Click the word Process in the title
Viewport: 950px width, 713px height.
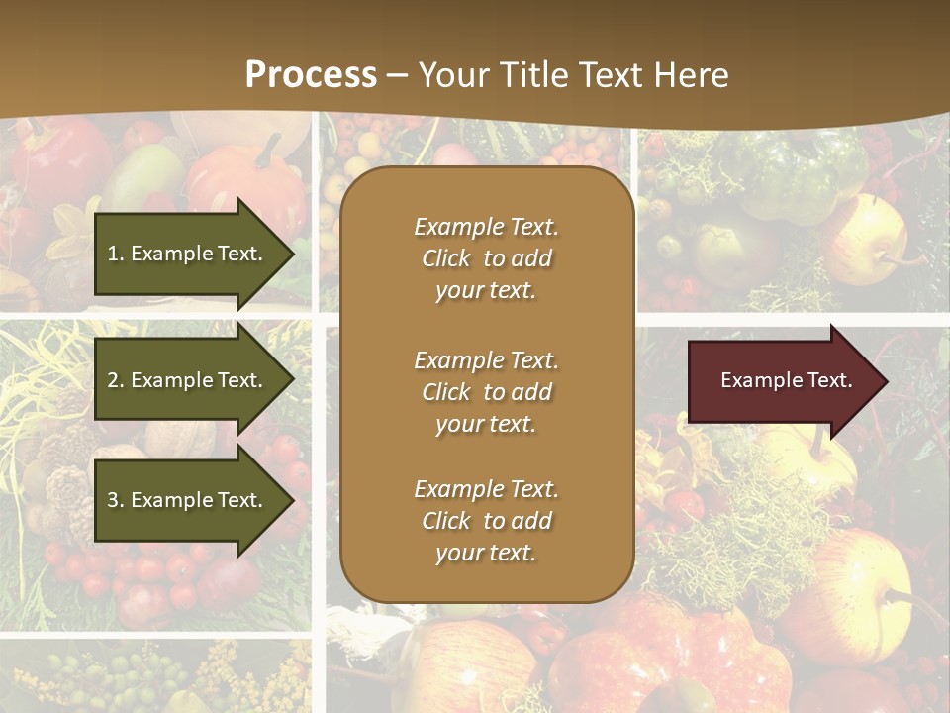pos(311,75)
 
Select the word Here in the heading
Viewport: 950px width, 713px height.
pos(690,75)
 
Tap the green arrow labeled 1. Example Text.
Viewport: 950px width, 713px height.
pos(188,254)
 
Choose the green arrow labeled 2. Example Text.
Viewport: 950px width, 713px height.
pos(188,380)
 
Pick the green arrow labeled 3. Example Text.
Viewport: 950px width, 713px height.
pos(188,500)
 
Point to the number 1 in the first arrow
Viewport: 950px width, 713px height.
pos(113,254)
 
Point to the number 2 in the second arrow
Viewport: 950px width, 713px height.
pos(113,380)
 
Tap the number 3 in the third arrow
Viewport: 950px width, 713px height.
pos(113,500)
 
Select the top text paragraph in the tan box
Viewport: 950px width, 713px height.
pos(486,258)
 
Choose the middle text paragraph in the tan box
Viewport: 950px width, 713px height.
pos(486,392)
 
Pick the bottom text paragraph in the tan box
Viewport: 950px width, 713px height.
pos(486,521)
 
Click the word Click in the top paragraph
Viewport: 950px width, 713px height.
pos(445,258)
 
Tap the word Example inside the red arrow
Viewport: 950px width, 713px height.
pos(755,380)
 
